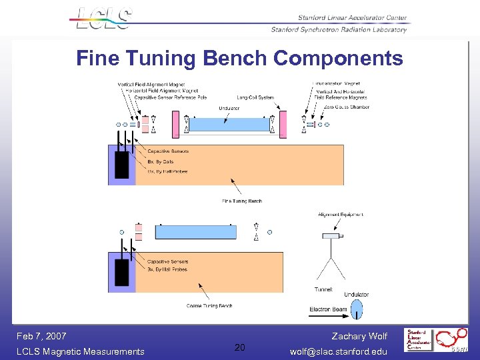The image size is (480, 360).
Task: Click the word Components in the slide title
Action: (338, 59)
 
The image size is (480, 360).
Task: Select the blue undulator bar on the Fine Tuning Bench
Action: (230, 125)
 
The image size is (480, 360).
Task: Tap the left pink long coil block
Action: (176, 125)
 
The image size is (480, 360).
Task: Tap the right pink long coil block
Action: (283, 125)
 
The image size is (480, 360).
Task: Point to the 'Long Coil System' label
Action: (255, 98)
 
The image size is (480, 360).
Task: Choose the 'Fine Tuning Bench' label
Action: (242, 201)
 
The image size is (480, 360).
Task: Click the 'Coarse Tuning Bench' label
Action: (209, 306)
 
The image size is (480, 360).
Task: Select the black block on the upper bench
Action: (122, 165)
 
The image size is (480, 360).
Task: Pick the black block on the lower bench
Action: (122, 273)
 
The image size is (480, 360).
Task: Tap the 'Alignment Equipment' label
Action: (341, 215)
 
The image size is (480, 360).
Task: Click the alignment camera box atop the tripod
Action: (331, 236)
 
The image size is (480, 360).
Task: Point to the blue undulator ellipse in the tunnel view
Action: (357, 309)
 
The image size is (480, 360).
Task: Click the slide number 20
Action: (240, 347)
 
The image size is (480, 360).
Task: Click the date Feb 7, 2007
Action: (41, 336)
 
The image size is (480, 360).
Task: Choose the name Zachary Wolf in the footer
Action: (359, 336)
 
